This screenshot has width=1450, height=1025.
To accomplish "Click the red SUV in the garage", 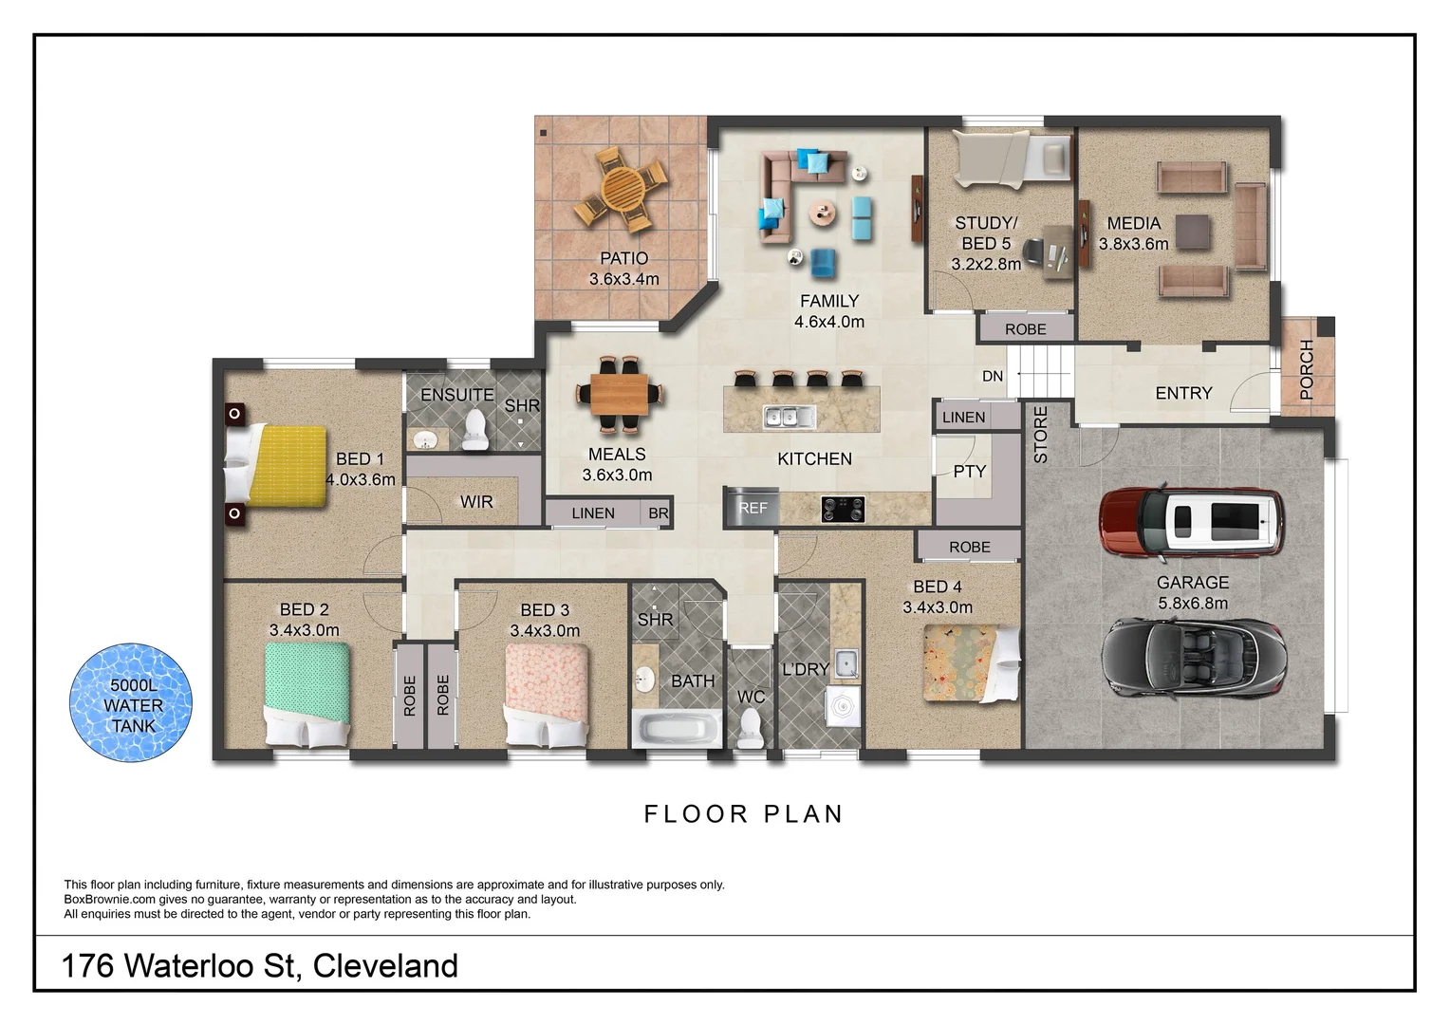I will [1192, 522].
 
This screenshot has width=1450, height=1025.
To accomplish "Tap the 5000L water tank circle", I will [132, 704].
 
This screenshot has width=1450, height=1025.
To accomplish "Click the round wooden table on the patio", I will [622, 187].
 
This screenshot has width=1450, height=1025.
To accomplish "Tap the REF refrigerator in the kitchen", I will [752, 508].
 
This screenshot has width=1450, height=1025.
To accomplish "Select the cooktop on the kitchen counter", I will [843, 510].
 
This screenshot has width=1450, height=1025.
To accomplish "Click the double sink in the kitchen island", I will [789, 417].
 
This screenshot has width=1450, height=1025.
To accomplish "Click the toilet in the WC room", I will [751, 729].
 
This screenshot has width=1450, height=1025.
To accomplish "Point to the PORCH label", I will [1307, 368].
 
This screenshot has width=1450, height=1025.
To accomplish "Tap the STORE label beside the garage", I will [1041, 435].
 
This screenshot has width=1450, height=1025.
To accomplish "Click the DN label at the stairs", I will [993, 377].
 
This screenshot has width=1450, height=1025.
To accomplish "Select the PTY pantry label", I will [970, 472].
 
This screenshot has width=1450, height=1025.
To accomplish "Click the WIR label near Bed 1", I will [476, 502].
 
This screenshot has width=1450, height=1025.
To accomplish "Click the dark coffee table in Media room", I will [1193, 232].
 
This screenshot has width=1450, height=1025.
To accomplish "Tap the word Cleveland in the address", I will [385, 966].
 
